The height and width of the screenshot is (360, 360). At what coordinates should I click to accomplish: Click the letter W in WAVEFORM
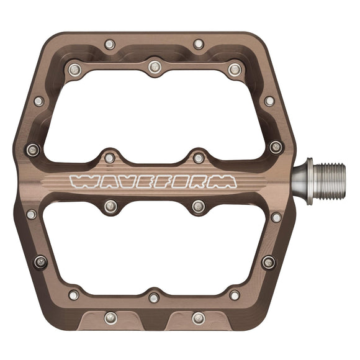[x=83, y=181]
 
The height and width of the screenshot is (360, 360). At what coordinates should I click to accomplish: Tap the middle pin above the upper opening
[x=154, y=66]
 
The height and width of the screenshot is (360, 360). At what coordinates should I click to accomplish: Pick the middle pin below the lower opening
[x=154, y=298]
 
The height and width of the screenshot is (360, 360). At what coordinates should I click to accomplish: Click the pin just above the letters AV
[x=110, y=158]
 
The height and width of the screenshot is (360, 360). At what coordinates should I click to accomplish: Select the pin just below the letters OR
[x=198, y=206]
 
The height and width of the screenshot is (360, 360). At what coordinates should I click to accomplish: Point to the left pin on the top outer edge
[x=110, y=45]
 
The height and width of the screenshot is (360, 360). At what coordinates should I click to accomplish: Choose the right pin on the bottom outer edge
[x=198, y=318]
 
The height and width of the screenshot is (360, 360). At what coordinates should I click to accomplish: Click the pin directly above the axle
[x=275, y=148]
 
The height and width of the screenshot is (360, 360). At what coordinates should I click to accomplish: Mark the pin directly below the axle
[x=276, y=217]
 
